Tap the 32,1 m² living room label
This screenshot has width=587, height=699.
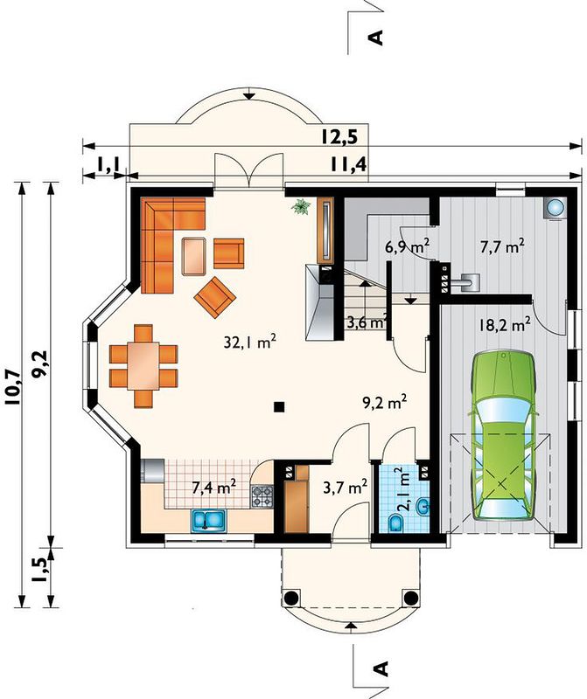250,342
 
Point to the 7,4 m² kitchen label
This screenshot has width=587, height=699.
213,487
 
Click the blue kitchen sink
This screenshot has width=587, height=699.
209,520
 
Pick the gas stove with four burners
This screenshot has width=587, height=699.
262,496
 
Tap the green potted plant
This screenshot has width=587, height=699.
301,206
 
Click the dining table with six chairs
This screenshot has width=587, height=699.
143,366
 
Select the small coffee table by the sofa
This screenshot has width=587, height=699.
193,256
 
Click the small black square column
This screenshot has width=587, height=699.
279,406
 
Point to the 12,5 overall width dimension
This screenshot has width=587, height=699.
339,137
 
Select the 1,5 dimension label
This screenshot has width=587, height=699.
38,570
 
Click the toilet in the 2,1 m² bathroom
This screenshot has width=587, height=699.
396,523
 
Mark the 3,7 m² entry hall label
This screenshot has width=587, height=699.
345,487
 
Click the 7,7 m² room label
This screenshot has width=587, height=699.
502,246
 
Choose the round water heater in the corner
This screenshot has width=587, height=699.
556,207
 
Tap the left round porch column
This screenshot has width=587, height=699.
290,598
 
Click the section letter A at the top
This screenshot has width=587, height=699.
376,38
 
